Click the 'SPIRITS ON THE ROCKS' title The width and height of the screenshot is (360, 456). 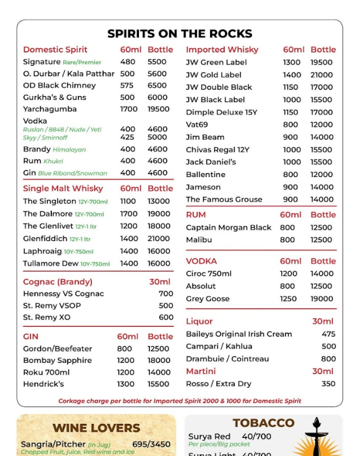point(179,34)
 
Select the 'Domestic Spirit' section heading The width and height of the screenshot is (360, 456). point(55,50)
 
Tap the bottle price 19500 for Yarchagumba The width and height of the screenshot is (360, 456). point(158,109)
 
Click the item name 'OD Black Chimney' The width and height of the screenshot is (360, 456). point(59,86)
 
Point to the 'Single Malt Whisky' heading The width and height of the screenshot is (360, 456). point(63,188)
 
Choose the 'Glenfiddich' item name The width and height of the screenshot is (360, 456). point(45,239)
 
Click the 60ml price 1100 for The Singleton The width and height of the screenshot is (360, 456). point(128,201)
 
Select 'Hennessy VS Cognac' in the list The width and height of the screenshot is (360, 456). point(63,294)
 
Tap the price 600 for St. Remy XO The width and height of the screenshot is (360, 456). point(166,318)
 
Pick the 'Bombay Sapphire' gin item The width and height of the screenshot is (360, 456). point(57,361)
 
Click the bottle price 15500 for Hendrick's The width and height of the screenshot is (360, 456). point(158,384)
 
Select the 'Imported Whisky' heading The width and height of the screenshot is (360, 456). point(222,50)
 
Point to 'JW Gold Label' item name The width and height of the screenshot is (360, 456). point(213,75)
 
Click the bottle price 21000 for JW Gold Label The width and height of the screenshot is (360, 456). point(321,75)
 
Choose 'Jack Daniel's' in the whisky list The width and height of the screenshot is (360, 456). point(211,162)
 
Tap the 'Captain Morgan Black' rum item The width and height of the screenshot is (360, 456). point(228,228)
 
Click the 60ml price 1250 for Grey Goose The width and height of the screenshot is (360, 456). point(289,299)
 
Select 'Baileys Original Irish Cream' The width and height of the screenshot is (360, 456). point(239,334)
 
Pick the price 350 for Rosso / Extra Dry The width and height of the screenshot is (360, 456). point(328,384)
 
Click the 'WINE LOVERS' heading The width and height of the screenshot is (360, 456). point(96,428)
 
